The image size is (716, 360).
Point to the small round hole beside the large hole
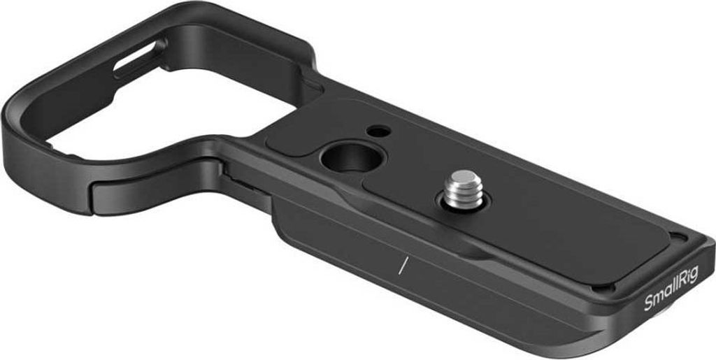pos(378,131)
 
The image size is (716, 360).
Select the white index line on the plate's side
pos(402,265)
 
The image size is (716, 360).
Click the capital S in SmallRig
pos(647,305)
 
